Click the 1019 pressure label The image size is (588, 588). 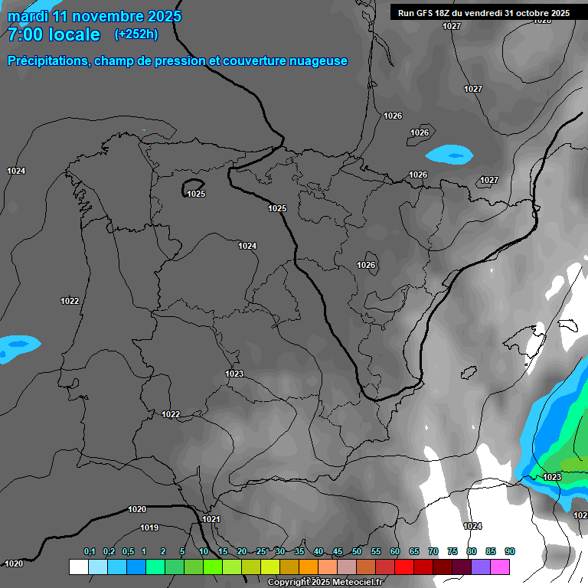pyautogui.click(x=149, y=528)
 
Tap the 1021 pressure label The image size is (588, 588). pyautogui.click(x=211, y=519)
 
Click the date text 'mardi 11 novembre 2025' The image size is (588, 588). pyautogui.click(x=94, y=16)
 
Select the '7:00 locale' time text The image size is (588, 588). pyautogui.click(x=54, y=34)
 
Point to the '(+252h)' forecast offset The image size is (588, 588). pyautogui.click(x=136, y=34)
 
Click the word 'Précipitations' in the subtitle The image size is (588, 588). pyautogui.click(x=47, y=61)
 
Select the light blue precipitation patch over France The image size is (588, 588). pyautogui.click(x=449, y=155)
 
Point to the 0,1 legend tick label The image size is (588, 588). pyautogui.click(x=90, y=551)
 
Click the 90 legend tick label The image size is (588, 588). pyautogui.click(x=510, y=551)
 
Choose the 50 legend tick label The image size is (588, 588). pyautogui.click(x=357, y=551)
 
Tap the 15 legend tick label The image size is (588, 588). pyautogui.click(x=223, y=551)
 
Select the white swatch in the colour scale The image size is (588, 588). pyautogui.click(x=78, y=567)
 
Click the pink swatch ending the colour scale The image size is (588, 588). pyautogui.click(x=499, y=567)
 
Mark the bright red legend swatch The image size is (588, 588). pyautogui.click(x=403, y=567)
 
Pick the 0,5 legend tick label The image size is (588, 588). pyautogui.click(x=128, y=551)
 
